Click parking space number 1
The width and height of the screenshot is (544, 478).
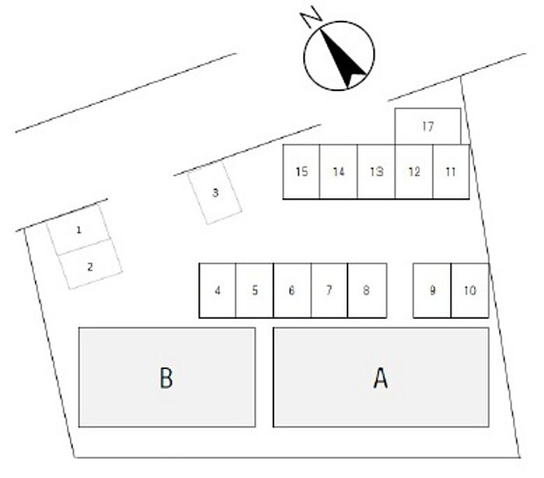coord(78,230)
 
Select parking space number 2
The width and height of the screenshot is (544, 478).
coord(91,266)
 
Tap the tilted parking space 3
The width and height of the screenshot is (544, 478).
coord(216,193)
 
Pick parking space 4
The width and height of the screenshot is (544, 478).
coord(218,291)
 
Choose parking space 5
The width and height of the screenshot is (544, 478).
coord(255,291)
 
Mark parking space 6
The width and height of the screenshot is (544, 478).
coord(292,291)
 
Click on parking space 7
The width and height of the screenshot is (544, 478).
coord(330,291)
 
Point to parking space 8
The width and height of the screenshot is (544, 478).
coord(367,291)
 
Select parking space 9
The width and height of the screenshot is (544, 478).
coord(432,291)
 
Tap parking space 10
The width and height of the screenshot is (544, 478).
coord(469,291)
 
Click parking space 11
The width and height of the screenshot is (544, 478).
coord(452,172)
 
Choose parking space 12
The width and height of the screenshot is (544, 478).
coord(414,172)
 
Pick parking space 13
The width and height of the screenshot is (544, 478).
coord(377,172)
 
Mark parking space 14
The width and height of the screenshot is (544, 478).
coord(339,172)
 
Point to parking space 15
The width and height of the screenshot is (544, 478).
coord(302,172)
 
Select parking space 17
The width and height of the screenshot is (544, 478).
coord(427,127)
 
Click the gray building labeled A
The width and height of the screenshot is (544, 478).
coord(381,378)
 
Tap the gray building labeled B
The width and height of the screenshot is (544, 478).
coord(167,378)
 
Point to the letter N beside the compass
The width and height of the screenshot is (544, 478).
coord(312,17)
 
